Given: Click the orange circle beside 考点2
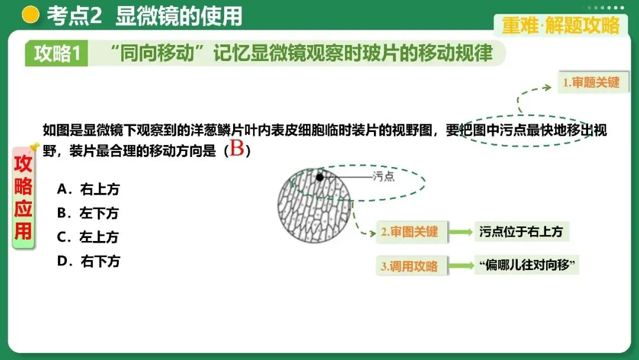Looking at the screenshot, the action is point(30,15).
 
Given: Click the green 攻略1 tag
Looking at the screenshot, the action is point(57,54).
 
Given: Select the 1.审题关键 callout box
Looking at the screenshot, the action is point(590,82).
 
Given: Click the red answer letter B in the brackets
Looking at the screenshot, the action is point(237,149).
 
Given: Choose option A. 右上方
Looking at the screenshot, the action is point(88,189).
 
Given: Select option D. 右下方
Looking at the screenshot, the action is point(88,261).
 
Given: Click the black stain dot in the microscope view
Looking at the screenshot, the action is point(320,176).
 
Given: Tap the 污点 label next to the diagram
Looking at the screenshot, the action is point(383,176).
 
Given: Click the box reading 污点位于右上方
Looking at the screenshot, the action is point(521,232).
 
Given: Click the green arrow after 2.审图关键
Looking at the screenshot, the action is point(460,232).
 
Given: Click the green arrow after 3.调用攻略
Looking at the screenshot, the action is point(460,266).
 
